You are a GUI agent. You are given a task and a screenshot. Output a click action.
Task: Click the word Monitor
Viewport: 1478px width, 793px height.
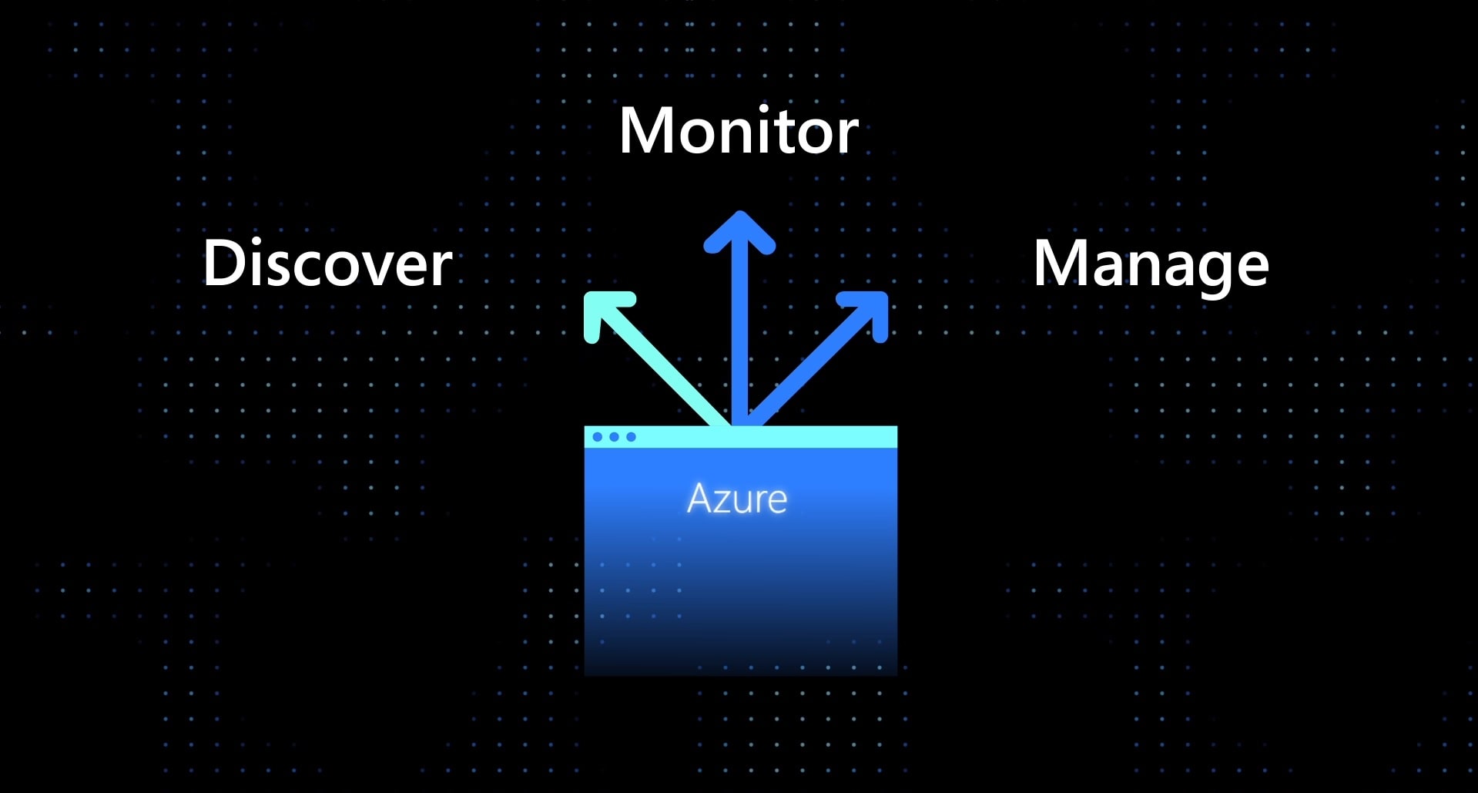point(738,131)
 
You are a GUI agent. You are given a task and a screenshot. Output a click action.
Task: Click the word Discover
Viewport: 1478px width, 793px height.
point(327,264)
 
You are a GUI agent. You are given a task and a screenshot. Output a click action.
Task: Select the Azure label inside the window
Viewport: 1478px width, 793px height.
point(737,499)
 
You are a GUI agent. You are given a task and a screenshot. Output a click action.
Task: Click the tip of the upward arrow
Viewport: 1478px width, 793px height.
point(739,217)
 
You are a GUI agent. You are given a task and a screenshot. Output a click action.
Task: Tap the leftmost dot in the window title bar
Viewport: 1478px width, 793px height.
point(598,437)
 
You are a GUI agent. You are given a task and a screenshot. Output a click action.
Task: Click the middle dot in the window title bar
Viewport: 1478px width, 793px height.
point(614,437)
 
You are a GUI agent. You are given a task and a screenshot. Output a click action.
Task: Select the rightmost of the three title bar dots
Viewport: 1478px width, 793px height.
point(631,437)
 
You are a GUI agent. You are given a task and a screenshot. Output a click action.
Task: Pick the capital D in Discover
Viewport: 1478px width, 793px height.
point(223,264)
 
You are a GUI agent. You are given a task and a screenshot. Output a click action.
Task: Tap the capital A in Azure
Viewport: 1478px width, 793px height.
point(700,499)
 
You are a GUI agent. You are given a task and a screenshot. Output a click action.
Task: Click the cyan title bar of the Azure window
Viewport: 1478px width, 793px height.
point(770,437)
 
